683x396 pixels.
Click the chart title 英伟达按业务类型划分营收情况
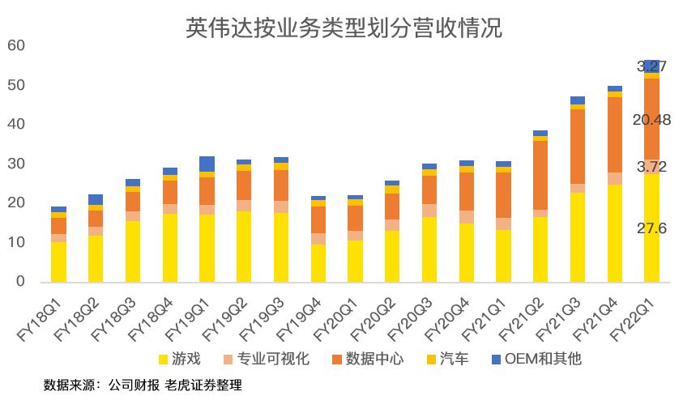tap(344, 29)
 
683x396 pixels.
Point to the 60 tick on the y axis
tap(15, 46)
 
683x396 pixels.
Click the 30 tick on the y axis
tap(15, 164)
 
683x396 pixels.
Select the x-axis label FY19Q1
tap(189, 318)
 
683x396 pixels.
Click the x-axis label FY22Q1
tap(634, 318)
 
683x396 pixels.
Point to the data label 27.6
tap(651, 229)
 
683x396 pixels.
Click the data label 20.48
tap(651, 121)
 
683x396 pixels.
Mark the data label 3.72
tap(651, 166)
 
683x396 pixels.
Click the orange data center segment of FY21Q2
tap(540, 175)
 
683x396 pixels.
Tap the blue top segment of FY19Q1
tap(207, 164)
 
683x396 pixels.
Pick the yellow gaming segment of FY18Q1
tap(58, 262)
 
